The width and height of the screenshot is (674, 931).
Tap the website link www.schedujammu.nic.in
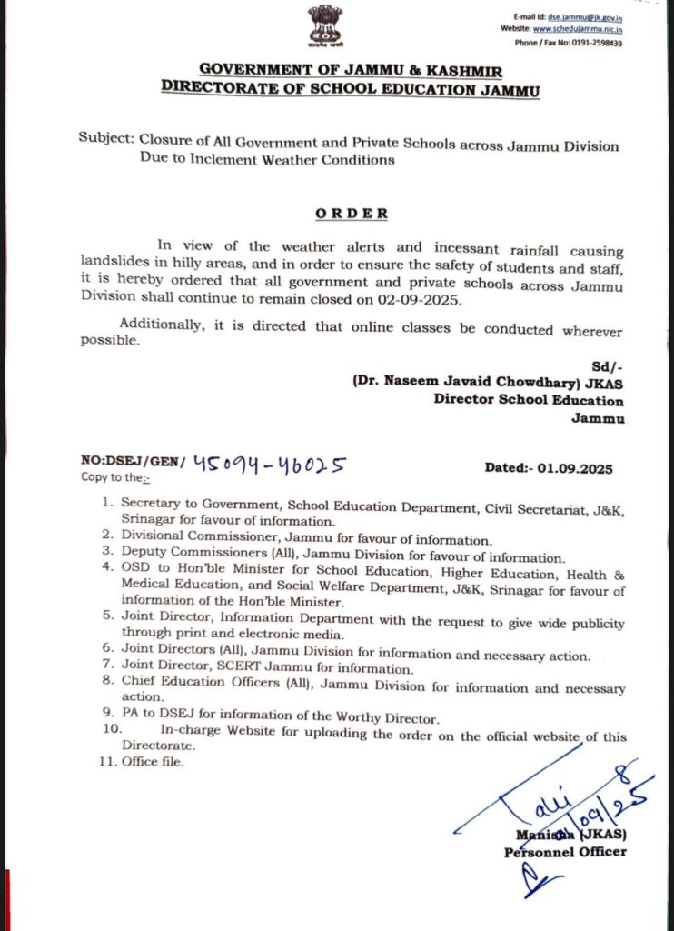(583, 29)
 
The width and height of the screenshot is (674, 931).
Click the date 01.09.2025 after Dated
(574, 469)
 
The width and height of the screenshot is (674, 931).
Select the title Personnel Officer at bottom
(565, 852)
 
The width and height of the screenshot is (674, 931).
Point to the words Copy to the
(114, 477)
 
